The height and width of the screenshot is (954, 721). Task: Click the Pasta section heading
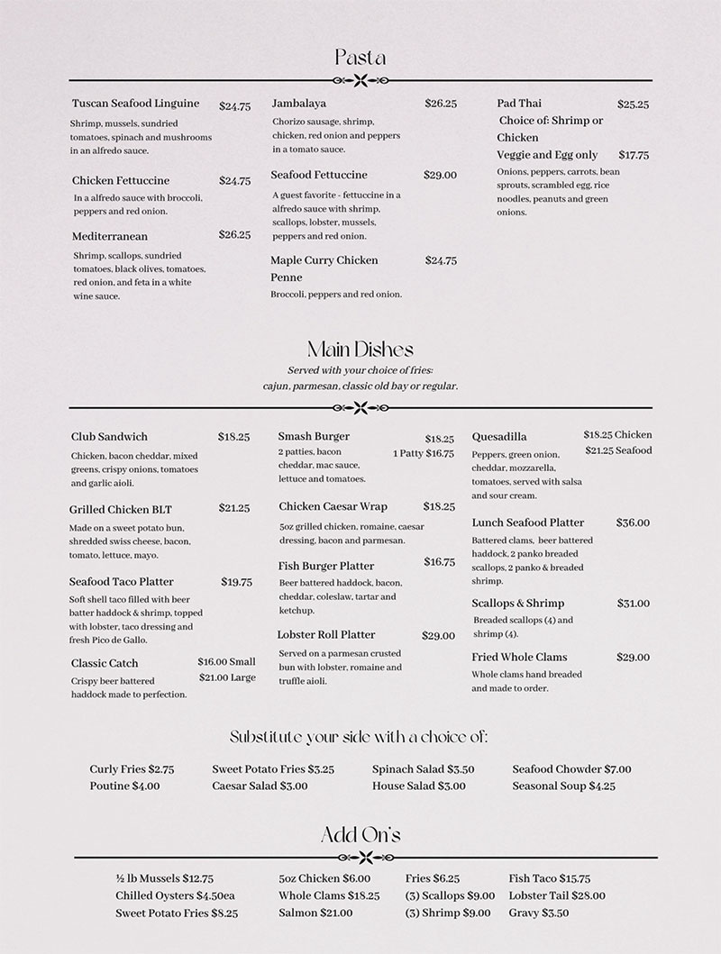pos(360,58)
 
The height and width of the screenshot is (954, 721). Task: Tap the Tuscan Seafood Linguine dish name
pos(136,104)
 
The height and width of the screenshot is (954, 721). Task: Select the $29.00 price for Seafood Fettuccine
pos(440,175)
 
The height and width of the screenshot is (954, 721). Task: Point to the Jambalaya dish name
pos(299,104)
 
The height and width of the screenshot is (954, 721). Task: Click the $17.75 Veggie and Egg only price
pos(634,155)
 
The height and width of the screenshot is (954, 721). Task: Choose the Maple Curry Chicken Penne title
pos(324,268)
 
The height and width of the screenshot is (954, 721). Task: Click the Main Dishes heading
pos(360,349)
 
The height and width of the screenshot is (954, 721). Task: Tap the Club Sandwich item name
pos(109,437)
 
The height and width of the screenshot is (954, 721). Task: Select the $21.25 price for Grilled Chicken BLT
pos(234,508)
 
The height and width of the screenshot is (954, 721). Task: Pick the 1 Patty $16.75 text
pos(424,453)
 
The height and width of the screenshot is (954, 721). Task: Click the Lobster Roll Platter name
pos(326,634)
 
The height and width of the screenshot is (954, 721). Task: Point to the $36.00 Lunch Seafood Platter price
pos(633,522)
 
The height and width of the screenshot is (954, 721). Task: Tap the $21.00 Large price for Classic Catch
pos(227,677)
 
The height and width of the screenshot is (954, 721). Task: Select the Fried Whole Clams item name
pos(519,657)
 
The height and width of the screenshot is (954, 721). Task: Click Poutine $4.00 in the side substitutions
pos(124,786)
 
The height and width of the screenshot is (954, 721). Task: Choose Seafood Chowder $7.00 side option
pos(571,769)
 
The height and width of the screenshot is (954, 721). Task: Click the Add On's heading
pos(360,835)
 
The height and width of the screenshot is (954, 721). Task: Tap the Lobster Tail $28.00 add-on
pos(557,895)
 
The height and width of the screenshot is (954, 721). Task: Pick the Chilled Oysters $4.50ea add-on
pos(175,895)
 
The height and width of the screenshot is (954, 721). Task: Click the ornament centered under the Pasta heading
pos(360,80)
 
